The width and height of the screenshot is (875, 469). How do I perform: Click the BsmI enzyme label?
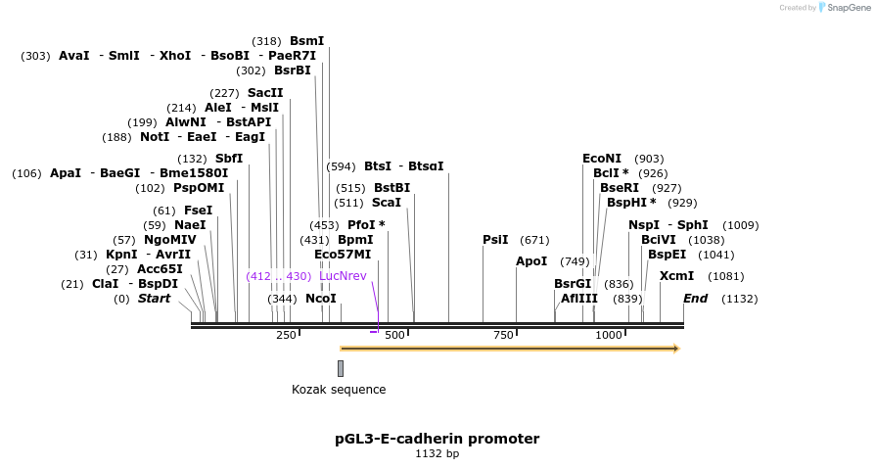[x=306, y=41]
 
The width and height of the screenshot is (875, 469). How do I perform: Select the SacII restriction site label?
[x=265, y=93]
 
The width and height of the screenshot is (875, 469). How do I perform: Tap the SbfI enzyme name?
[x=228, y=159]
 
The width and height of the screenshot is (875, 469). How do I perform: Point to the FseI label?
[x=197, y=211]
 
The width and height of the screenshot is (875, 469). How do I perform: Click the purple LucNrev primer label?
[x=343, y=276]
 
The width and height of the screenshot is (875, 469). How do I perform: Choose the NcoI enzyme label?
[x=321, y=299]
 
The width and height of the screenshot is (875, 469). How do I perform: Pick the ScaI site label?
[x=387, y=203]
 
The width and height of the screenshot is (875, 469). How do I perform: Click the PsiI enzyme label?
[x=495, y=240]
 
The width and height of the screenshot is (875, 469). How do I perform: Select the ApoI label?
[x=531, y=261]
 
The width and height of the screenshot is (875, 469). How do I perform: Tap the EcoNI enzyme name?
[x=602, y=159]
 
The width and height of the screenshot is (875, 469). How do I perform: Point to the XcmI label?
[x=676, y=276]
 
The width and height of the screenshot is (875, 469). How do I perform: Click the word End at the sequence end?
[x=695, y=299]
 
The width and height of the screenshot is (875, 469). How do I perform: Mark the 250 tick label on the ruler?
[x=286, y=335]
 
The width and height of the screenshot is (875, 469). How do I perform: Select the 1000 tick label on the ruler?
[x=609, y=335]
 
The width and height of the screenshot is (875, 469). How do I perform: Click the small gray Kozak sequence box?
[x=341, y=368]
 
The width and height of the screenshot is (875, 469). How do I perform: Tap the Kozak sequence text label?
[x=339, y=390]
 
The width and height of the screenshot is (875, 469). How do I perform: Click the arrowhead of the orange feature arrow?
[x=676, y=349]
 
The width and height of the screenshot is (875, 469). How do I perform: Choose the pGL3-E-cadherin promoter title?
[x=437, y=439]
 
